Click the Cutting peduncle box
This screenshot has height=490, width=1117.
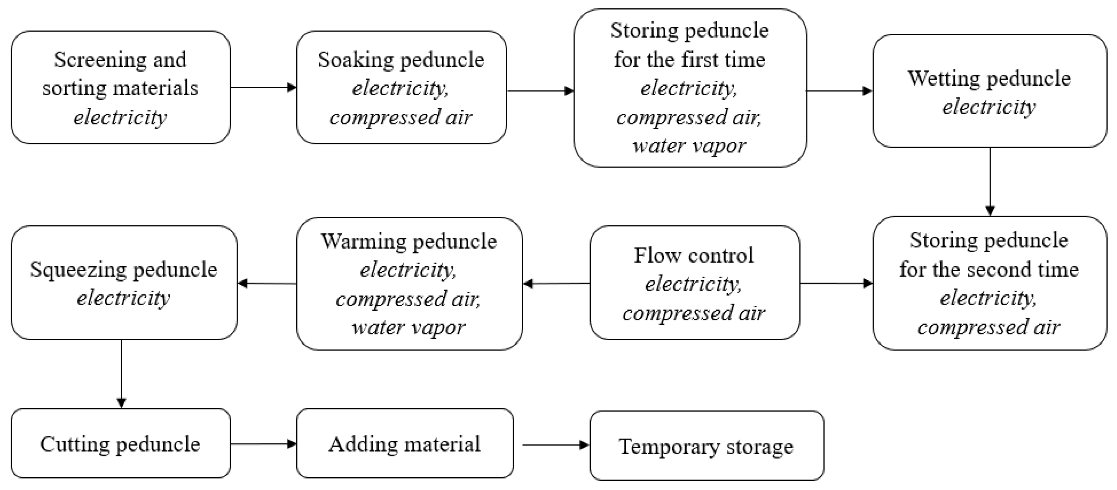(121, 443)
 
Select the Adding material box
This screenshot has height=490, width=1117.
(404, 443)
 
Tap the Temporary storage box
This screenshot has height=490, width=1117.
(706, 446)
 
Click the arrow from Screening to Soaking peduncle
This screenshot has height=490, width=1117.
(263, 87)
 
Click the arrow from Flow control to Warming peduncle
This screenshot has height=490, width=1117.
(556, 284)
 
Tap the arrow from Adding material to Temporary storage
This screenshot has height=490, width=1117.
(555, 445)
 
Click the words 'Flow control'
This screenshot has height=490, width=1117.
(694, 255)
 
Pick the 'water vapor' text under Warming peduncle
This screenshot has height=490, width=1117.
(409, 327)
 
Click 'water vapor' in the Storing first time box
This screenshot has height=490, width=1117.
(689, 146)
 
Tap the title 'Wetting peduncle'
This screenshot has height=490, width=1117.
(989, 78)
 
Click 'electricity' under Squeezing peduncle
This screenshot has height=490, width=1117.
(124, 298)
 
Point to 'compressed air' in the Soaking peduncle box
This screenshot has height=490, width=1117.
(401, 117)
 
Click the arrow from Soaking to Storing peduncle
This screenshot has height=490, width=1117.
(540, 91)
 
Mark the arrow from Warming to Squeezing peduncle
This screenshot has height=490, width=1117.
(267, 284)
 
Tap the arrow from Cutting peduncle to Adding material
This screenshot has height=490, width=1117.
(263, 443)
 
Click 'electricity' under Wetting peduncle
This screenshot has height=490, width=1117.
(989, 107)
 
